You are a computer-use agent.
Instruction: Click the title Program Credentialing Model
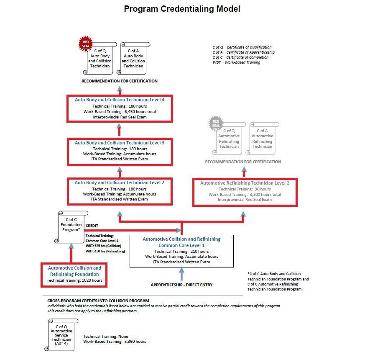pos(182,9)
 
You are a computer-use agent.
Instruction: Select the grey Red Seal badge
pos(216,124)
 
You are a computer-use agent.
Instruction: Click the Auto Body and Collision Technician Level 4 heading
pos(119,100)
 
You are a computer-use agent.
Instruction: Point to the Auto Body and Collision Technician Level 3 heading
pos(119,143)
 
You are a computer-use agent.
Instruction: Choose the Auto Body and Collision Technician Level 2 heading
pos(119,183)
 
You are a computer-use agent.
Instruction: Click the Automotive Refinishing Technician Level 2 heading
pos(245,183)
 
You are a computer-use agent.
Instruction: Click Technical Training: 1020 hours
pos(74,280)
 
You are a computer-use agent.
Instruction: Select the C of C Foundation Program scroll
pos(71,226)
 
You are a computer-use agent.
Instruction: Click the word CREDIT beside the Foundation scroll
pos(92,226)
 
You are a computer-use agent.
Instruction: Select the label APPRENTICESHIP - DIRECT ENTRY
pos(181,285)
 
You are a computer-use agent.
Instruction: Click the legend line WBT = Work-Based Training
pos(236,62)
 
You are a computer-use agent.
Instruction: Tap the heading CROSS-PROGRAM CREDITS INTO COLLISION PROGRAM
pos(96,301)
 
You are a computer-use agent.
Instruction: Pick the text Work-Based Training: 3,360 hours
pos(115,342)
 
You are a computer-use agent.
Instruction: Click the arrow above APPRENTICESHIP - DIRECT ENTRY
pos(181,274)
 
